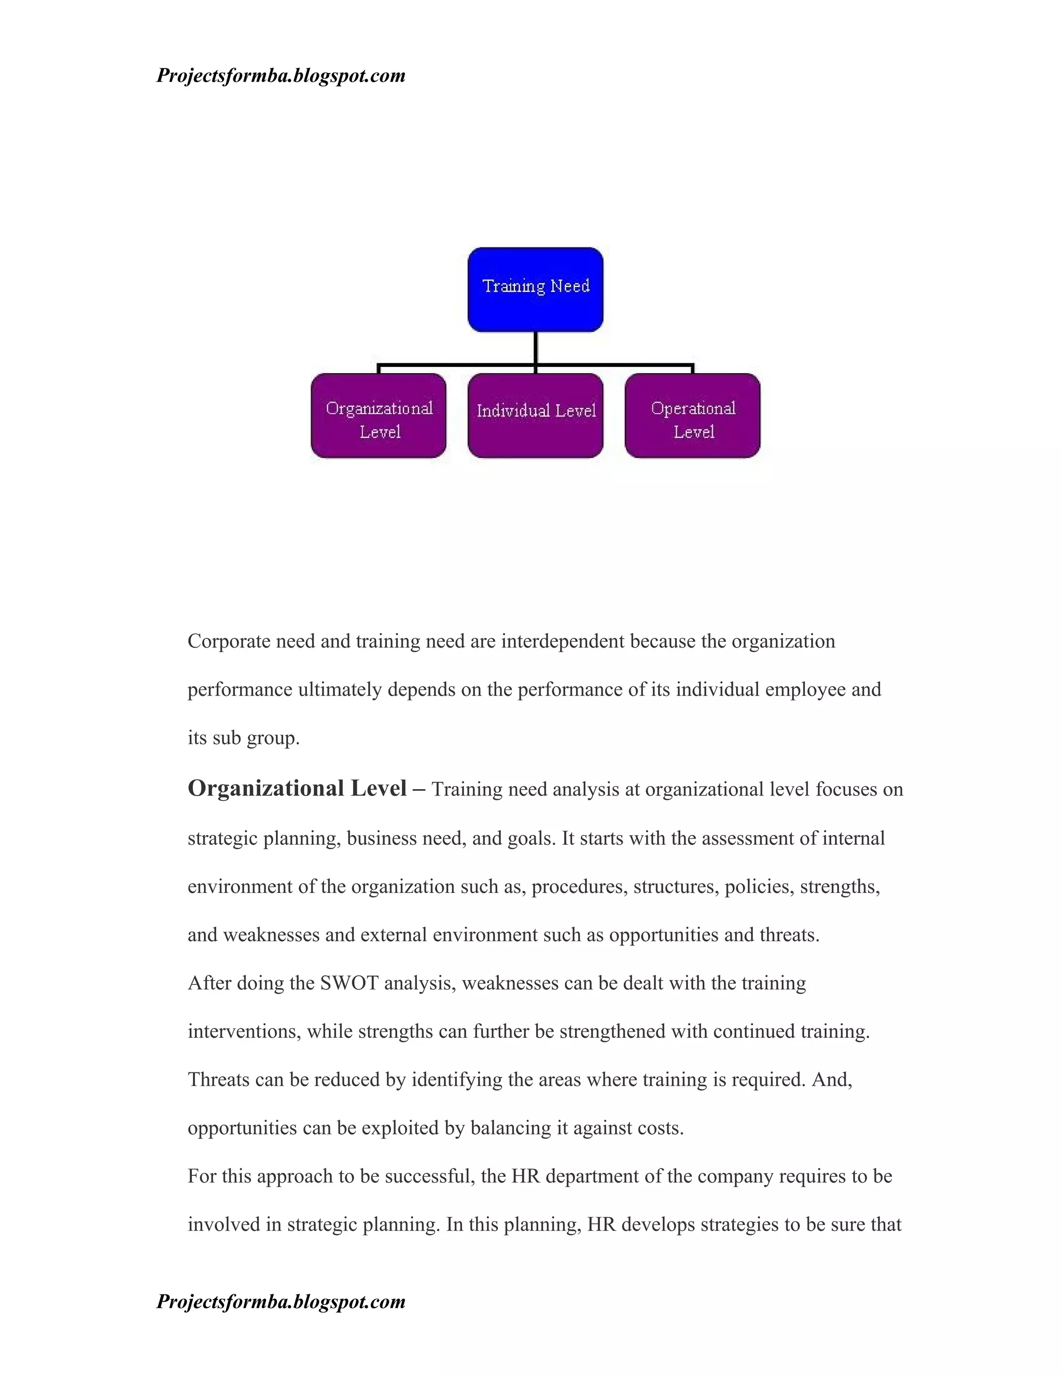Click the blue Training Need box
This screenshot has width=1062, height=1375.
click(x=535, y=289)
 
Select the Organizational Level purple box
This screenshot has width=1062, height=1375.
click(x=379, y=416)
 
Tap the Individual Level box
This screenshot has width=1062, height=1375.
click(x=535, y=416)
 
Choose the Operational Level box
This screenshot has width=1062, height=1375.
click(x=693, y=416)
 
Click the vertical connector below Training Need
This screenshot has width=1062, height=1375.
click(x=535, y=348)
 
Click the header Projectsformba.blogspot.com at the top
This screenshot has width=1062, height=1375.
click(x=281, y=76)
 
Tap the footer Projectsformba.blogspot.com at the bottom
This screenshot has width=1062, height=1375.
click(x=281, y=1301)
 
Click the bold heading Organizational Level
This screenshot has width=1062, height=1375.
click(x=297, y=788)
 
